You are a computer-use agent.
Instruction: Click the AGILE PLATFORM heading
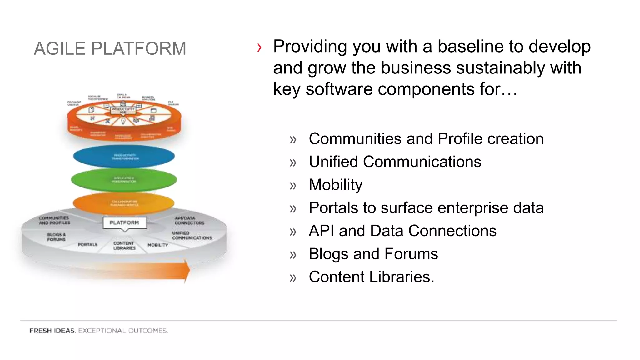(110, 49)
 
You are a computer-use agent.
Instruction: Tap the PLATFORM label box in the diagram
(124, 222)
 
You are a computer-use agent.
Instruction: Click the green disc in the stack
(124, 180)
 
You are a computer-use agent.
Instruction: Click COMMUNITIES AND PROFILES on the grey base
(54, 220)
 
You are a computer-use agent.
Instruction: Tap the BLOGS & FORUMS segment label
(57, 237)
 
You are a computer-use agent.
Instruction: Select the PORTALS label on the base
(87, 244)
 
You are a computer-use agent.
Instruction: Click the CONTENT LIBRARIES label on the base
(124, 245)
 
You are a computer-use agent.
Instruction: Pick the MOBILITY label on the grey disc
(158, 245)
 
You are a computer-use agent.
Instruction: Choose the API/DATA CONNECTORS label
(189, 220)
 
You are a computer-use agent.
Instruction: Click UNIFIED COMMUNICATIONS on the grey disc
(192, 235)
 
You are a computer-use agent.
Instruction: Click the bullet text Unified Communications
(395, 162)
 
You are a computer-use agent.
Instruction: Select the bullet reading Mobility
(335, 185)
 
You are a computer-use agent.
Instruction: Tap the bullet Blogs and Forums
(373, 254)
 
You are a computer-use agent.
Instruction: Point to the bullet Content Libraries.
(371, 277)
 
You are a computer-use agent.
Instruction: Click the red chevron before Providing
(259, 47)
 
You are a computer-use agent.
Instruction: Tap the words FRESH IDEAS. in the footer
(52, 331)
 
